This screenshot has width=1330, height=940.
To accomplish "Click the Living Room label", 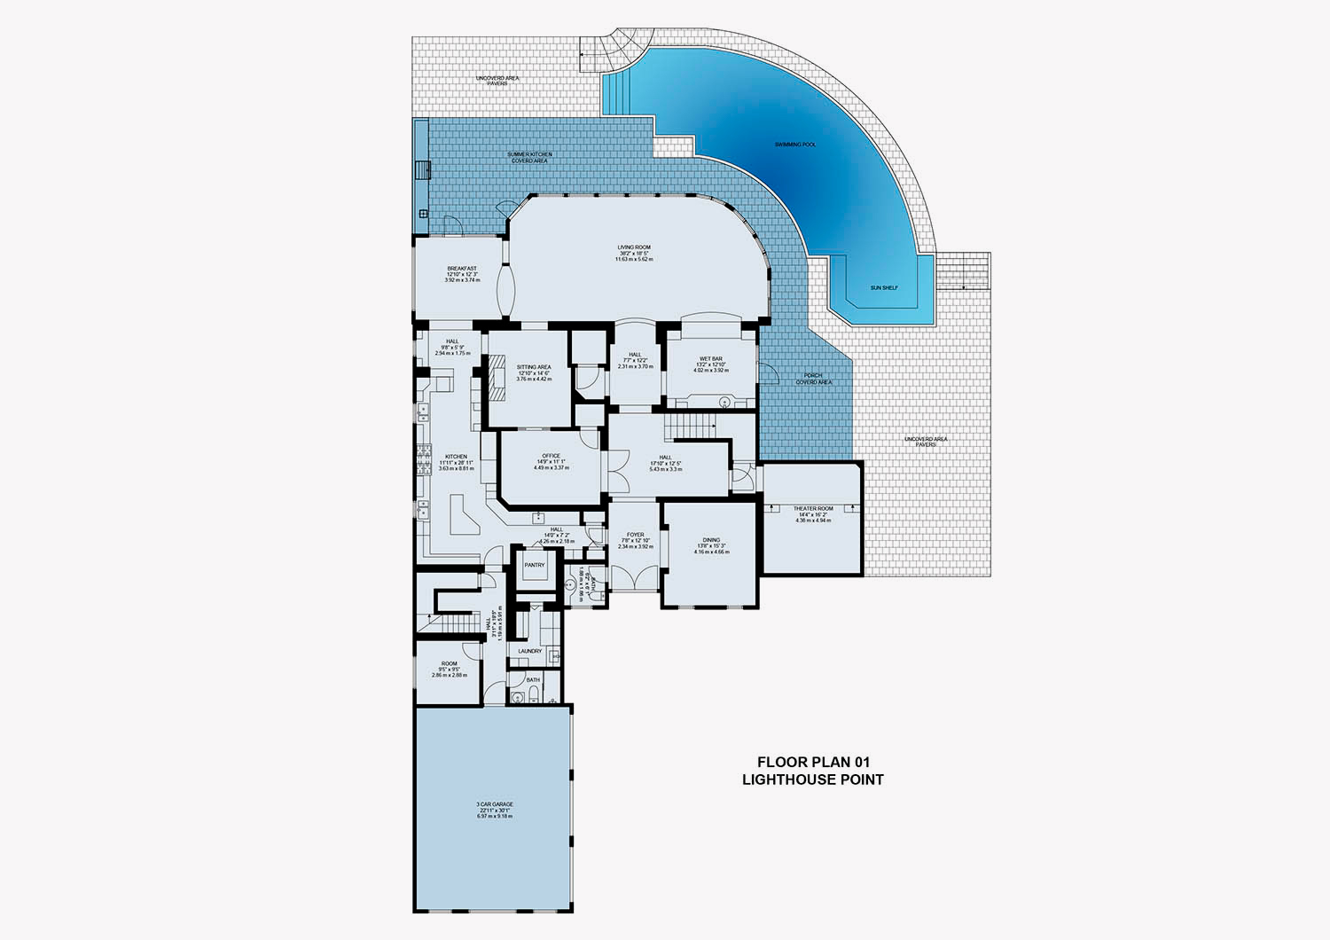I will (x=635, y=247).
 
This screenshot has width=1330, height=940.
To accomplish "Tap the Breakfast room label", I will (x=462, y=269).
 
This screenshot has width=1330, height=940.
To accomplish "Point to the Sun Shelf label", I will (x=884, y=287).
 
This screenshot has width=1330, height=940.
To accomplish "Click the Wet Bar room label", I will (x=711, y=358).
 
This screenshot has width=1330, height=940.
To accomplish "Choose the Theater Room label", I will (x=813, y=509).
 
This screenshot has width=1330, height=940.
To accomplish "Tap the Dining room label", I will (x=711, y=540).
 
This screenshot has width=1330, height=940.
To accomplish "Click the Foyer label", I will (x=635, y=536).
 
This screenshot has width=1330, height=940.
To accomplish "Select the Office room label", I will (x=551, y=457).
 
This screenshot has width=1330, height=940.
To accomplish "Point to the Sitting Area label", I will (x=534, y=367).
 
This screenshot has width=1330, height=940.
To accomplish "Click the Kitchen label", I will (x=456, y=458).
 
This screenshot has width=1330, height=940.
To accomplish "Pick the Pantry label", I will (x=535, y=565).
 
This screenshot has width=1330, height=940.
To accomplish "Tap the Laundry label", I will (x=530, y=651).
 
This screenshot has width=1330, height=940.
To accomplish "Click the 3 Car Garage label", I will (x=495, y=804).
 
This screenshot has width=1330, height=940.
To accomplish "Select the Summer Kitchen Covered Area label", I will (x=529, y=154).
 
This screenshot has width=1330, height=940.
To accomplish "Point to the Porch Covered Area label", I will (x=813, y=376).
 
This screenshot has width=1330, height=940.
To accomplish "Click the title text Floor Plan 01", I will (x=812, y=762).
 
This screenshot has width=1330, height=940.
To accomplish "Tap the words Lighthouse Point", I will (x=812, y=779).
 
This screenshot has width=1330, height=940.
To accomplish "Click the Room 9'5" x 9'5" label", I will (x=450, y=664).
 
